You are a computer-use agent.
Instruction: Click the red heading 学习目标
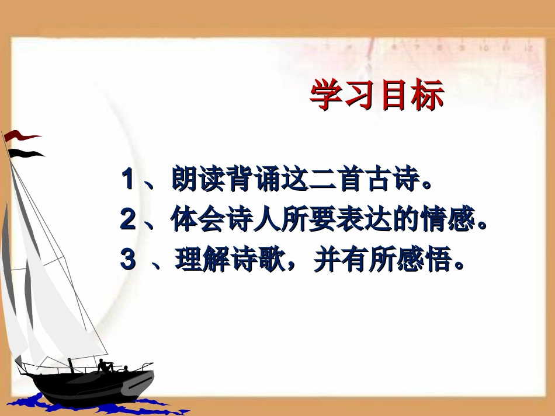click(x=377, y=96)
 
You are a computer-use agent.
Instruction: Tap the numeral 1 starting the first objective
click(x=127, y=179)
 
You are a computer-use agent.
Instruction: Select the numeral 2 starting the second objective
click(x=127, y=220)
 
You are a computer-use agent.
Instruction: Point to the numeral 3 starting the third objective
click(x=127, y=260)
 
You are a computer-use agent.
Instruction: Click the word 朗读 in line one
click(x=199, y=179)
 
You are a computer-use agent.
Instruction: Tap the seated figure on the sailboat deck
click(x=105, y=366)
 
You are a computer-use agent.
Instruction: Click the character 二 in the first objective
click(x=332, y=179)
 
